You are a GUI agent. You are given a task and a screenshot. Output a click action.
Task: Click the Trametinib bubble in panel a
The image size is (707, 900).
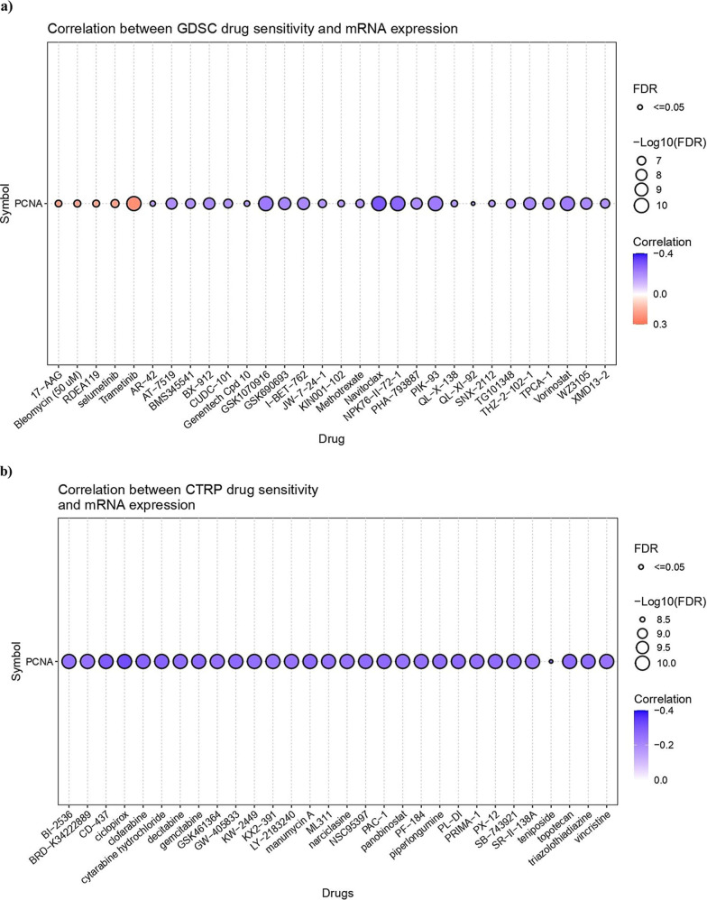(133, 204)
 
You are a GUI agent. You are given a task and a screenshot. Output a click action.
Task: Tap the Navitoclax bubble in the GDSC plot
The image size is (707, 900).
(379, 204)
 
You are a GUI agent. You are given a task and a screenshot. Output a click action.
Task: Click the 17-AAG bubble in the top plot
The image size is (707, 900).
(58, 204)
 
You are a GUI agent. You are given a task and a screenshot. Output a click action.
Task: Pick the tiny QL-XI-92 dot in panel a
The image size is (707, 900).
(473, 204)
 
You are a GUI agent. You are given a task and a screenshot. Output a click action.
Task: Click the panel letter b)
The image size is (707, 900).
(7, 472)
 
